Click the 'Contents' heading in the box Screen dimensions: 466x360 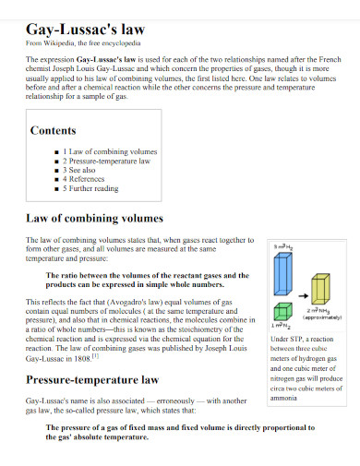point(54,130)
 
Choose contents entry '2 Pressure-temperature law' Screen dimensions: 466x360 point(106,161)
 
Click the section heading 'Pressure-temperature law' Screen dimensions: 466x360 point(92,379)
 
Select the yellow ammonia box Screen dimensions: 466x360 point(320,291)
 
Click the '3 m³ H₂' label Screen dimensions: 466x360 point(284,246)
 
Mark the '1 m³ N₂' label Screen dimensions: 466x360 point(282,325)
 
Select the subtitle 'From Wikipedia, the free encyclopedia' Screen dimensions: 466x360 point(83,42)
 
